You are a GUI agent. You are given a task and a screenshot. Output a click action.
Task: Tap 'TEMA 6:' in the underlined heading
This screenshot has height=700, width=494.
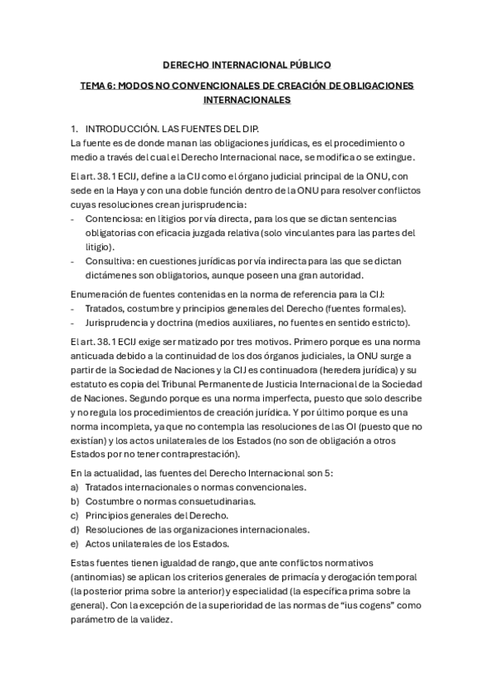[x=98, y=85]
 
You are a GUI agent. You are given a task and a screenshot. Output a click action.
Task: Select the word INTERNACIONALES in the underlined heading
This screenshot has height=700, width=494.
[x=247, y=100]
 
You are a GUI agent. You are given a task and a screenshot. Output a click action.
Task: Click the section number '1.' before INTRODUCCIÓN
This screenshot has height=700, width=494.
[x=75, y=130]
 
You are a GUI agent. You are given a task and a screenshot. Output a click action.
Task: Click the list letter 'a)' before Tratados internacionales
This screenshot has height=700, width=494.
[x=75, y=487]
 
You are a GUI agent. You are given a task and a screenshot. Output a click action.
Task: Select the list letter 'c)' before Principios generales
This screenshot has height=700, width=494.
[x=75, y=515]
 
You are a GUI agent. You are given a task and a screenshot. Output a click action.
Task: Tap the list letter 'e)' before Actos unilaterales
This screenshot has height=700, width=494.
[x=75, y=543]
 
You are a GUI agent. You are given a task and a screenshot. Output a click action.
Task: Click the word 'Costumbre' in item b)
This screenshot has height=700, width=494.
[x=111, y=501]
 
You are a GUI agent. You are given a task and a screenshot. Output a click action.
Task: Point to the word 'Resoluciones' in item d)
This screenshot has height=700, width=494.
[x=115, y=529]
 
